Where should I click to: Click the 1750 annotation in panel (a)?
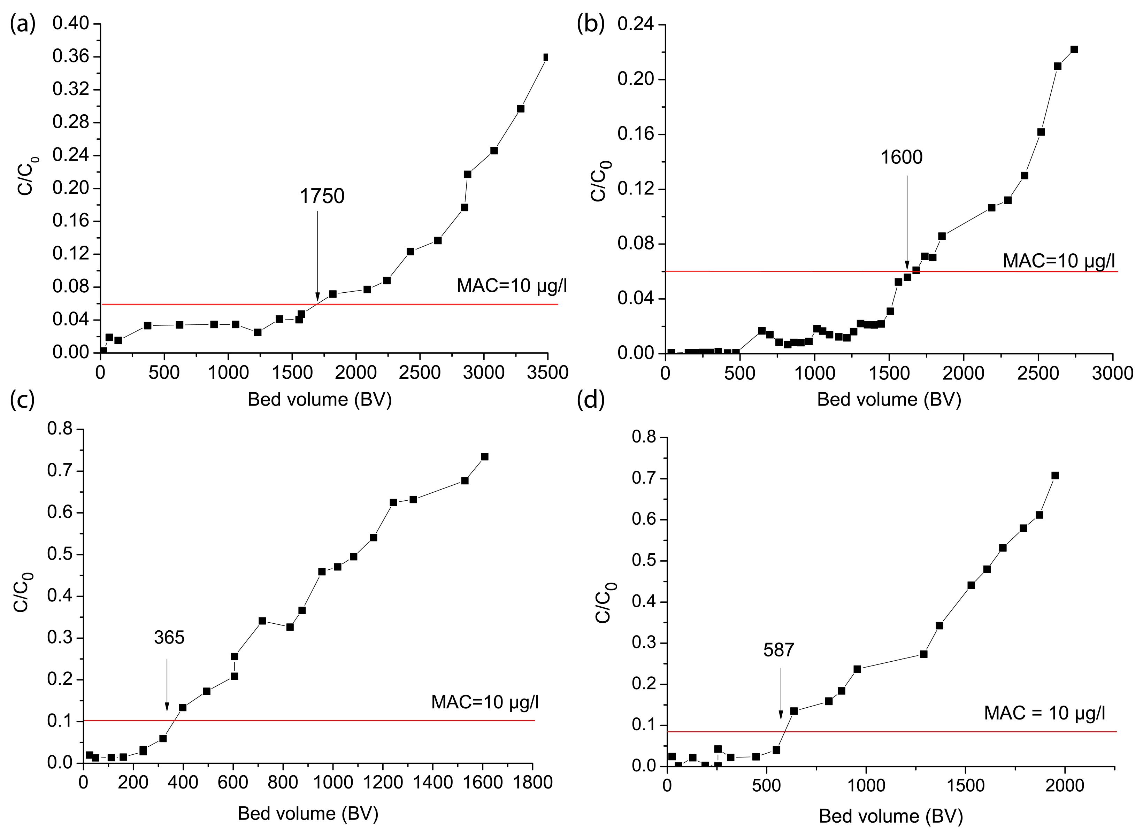pyautogui.click(x=322, y=196)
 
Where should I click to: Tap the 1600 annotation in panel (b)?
pyautogui.click(x=902, y=157)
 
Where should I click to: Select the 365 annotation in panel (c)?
pyautogui.click(x=169, y=638)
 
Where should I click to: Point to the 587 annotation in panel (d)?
pyautogui.click(x=778, y=650)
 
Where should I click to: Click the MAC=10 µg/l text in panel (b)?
pyautogui.click(x=1059, y=261)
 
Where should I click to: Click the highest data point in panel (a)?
pyautogui.click(x=546, y=57)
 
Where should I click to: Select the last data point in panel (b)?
pyautogui.click(x=1074, y=49)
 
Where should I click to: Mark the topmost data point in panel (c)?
pyautogui.click(x=485, y=456)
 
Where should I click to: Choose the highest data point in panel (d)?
pyautogui.click(x=1055, y=475)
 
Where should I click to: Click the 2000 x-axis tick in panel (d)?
pyautogui.click(x=1064, y=785)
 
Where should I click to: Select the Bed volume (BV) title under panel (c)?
pyautogui.click(x=308, y=813)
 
